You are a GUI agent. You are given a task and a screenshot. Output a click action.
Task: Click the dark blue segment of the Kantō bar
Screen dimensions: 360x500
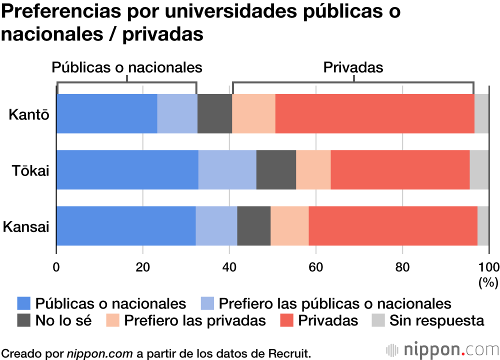(x=106, y=113)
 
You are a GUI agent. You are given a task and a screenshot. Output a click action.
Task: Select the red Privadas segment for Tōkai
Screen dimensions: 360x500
(x=400, y=169)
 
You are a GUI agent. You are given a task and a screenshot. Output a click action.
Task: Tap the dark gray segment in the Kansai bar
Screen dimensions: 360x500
(x=253, y=226)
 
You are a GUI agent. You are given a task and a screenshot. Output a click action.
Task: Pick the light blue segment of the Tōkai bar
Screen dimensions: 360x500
(x=227, y=169)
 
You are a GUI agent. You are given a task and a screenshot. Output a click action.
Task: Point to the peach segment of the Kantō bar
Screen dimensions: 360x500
(x=253, y=113)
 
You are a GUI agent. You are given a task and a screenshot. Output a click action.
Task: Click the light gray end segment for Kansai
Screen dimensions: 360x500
(x=483, y=226)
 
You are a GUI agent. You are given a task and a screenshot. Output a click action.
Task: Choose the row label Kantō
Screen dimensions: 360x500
(x=29, y=114)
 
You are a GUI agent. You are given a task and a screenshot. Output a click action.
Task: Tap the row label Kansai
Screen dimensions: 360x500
(x=26, y=226)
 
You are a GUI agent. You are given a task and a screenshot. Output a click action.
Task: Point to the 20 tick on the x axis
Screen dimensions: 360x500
(x=143, y=265)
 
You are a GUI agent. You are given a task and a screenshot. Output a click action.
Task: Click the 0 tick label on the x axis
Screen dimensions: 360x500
(x=56, y=265)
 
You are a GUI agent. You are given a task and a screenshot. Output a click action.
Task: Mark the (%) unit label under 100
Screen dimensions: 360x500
(x=488, y=282)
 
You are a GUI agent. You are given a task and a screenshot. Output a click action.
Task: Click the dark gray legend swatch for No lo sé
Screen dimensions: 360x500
(x=24, y=320)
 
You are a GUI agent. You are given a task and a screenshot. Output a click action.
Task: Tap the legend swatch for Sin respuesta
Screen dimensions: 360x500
(x=378, y=320)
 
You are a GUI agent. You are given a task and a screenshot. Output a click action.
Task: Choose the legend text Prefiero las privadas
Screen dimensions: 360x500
(x=195, y=320)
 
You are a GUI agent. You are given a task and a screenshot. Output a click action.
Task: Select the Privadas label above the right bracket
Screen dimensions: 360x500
(x=353, y=67)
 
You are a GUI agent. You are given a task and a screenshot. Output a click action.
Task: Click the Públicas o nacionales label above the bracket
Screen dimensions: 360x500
(x=127, y=67)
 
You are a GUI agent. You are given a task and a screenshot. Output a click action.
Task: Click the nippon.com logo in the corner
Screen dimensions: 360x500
(x=442, y=348)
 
